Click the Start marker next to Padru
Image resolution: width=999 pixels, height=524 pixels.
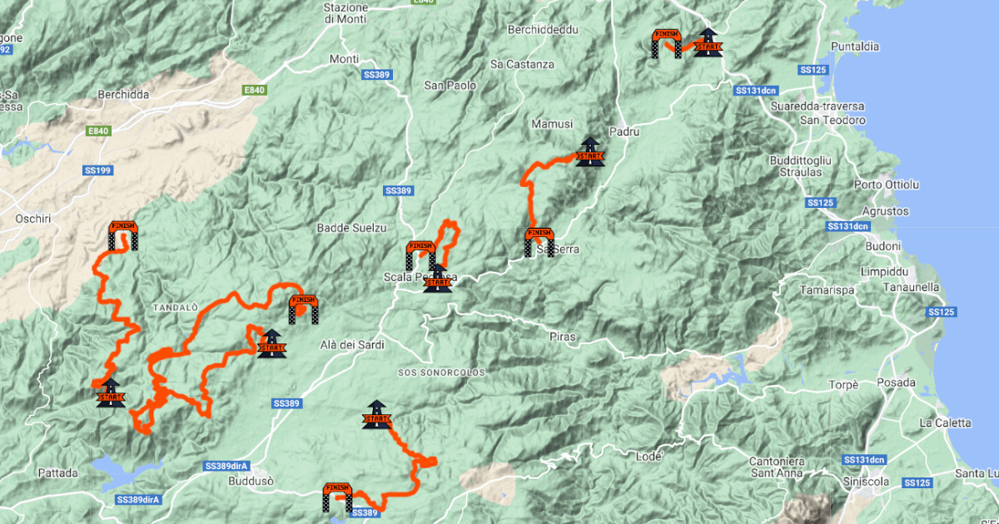[x=589, y=152]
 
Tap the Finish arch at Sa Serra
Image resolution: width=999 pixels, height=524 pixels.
[x=539, y=242]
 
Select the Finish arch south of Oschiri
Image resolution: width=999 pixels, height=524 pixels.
[x=122, y=235]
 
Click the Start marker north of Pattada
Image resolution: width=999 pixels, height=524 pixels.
[x=110, y=392]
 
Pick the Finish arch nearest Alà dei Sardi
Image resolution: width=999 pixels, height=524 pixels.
[x=303, y=309]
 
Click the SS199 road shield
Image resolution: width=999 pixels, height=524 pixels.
[x=98, y=170]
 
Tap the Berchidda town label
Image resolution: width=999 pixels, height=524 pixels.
[x=123, y=95]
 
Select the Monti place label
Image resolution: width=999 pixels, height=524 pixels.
[x=344, y=59]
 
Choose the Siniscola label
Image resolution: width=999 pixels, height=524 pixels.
[x=870, y=482]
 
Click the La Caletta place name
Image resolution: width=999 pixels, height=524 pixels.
[x=945, y=423]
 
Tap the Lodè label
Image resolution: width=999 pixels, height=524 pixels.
[x=648, y=456]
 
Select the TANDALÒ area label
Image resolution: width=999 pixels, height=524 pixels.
[x=175, y=308]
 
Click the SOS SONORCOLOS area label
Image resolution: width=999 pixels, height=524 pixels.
[x=440, y=373]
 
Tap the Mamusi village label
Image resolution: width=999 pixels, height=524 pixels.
[x=551, y=124]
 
